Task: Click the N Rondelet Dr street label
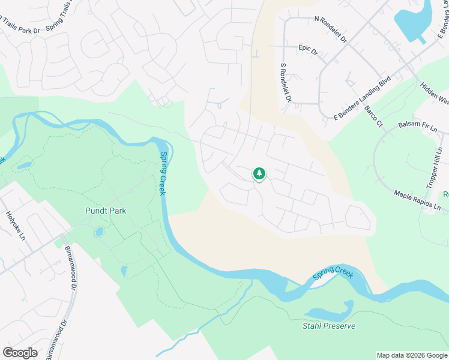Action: point(331,28)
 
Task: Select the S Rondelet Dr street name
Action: point(286,82)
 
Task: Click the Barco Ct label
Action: point(373,116)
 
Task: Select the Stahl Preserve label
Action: point(328,326)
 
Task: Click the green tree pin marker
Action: point(259,173)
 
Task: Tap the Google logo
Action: point(20,352)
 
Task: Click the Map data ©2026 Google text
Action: point(412,355)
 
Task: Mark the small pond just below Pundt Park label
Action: point(99,232)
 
